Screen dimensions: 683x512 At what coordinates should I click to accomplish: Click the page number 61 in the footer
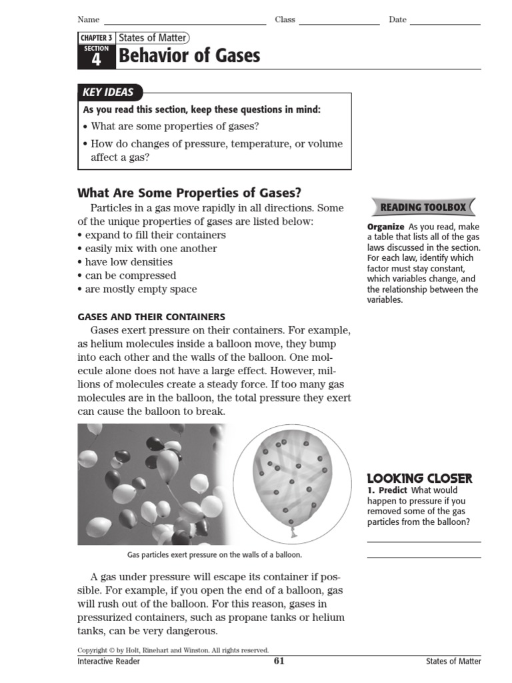[279, 661]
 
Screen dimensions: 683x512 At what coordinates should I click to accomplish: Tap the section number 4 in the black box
[96, 59]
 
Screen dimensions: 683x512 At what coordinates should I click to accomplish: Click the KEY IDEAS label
[108, 93]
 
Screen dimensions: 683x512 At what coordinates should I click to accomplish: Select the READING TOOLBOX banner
[423, 207]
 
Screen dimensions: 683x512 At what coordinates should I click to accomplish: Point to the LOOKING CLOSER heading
[419, 478]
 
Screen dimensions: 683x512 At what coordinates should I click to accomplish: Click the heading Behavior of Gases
[189, 56]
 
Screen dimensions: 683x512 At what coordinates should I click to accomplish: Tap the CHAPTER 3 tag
[96, 38]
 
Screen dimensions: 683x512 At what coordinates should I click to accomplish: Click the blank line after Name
[185, 23]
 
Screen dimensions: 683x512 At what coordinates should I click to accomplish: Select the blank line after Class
[339, 23]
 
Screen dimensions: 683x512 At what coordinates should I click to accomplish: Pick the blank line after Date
[445, 23]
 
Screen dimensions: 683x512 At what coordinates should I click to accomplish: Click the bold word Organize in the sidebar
[385, 227]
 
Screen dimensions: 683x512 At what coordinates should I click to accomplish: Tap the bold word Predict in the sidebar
[393, 490]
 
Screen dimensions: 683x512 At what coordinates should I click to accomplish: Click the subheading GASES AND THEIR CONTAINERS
[151, 317]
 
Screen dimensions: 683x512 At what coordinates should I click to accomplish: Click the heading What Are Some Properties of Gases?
[189, 193]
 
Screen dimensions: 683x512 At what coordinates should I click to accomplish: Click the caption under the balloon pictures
[214, 554]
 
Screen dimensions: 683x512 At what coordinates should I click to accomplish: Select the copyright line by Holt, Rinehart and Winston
[173, 650]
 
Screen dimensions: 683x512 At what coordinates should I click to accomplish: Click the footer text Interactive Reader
[109, 661]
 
